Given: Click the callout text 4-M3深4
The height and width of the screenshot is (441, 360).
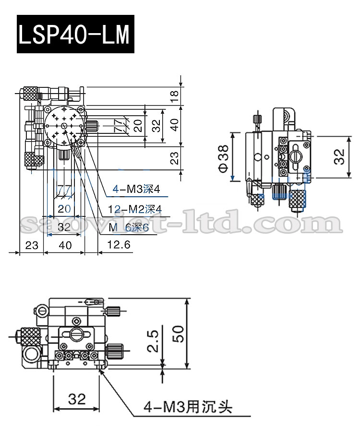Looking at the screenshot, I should point(136,190).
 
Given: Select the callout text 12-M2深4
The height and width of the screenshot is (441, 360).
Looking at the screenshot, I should point(134,209).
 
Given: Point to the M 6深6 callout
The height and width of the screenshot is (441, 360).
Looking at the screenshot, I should point(128,227).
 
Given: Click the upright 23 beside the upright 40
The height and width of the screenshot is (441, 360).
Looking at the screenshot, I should point(32,245).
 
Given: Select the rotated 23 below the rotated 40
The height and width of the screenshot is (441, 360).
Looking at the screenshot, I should point(175,158).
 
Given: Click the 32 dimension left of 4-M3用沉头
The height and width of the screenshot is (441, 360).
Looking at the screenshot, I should point(77,398).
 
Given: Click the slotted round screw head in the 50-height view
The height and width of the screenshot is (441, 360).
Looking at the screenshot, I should point(76,333).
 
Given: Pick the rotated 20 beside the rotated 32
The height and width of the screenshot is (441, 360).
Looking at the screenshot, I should point(138,126).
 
